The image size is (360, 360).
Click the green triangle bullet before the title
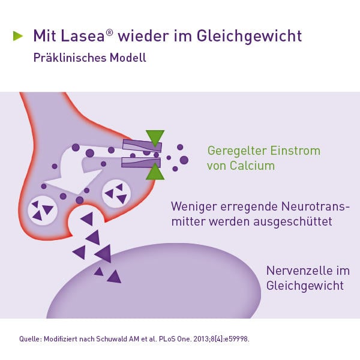pyautogui.click(x=18, y=36)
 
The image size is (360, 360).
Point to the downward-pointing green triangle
pyautogui.click(x=155, y=137)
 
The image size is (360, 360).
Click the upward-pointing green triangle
pyautogui.click(x=155, y=172)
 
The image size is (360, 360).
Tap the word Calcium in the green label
pyautogui.click(x=250, y=166)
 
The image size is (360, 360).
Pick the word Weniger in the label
pyautogui.click(x=194, y=206)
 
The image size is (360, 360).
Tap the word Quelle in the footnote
pyautogui.click(x=29, y=339)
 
